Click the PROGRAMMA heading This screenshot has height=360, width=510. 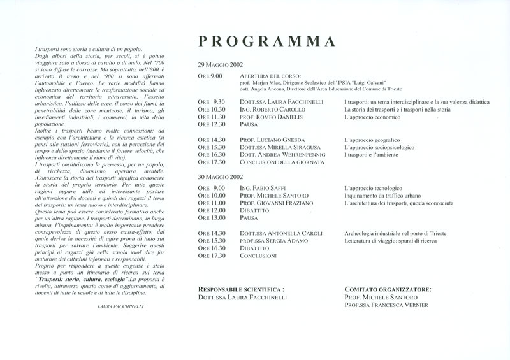click(266, 41)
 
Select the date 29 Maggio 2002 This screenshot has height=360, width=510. click(219, 66)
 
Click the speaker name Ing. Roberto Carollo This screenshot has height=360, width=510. click(271, 110)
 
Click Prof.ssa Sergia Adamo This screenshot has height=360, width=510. click(273, 241)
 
